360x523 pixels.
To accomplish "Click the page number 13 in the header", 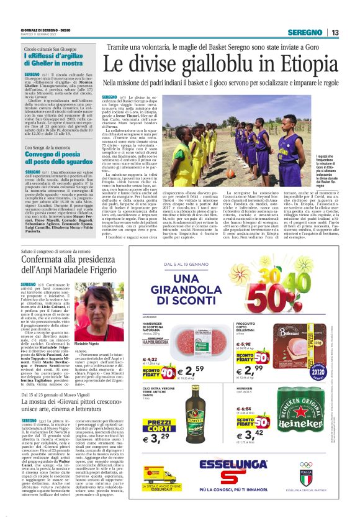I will tap(335, 33).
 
